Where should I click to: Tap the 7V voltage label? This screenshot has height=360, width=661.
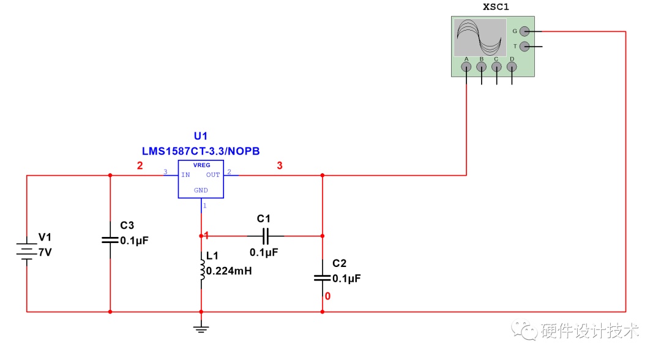[x=45, y=252]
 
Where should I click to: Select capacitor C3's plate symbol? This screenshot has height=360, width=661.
[x=110, y=240]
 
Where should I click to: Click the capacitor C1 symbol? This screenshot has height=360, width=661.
[x=265, y=236]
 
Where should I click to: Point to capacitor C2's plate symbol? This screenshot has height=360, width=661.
[x=323, y=278]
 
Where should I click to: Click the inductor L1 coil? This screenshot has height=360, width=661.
[x=203, y=270]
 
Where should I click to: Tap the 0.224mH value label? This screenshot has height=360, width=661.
[x=229, y=271]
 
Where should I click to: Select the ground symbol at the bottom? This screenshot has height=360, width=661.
[x=201, y=328]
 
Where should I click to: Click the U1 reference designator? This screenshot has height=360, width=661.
[x=201, y=136]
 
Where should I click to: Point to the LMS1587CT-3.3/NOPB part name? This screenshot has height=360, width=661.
[x=201, y=151]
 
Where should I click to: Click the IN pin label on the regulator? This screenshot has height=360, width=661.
[x=185, y=175]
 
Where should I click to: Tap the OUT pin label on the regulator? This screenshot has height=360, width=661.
[x=213, y=175]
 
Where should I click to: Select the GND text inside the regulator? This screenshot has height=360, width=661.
[x=201, y=190]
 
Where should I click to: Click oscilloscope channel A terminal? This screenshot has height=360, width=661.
[x=466, y=67]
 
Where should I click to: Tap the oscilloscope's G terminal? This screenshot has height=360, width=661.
[x=525, y=31]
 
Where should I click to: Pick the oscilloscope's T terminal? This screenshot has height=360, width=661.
[x=525, y=47]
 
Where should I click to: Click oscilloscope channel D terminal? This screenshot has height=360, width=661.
[x=512, y=67]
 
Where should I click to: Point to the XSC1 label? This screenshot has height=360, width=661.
[x=496, y=7]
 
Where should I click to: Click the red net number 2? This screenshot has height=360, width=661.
[x=140, y=166]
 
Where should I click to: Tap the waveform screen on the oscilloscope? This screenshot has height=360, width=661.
[x=480, y=37]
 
